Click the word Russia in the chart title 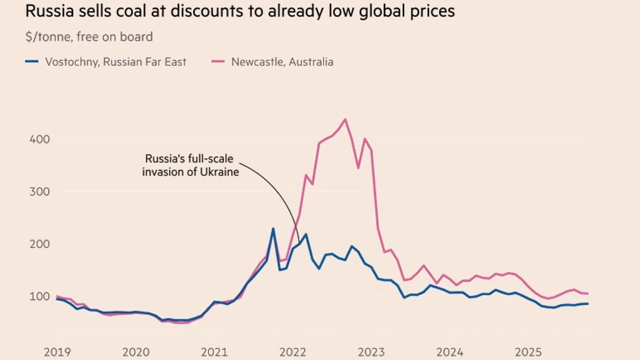coord(46,11)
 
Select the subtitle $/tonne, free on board coord(89,37)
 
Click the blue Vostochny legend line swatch coord(32,62)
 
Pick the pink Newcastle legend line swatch coord(218,62)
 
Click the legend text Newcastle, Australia coord(282,62)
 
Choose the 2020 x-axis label coord(135,352)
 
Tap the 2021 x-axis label coord(214,352)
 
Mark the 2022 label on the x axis coord(292,352)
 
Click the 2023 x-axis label coord(371,352)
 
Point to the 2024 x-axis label coord(450,352)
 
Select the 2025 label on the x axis coord(528,352)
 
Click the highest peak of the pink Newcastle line coord(345,119)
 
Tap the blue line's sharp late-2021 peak coord(273,229)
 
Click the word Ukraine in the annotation coord(220,172)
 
